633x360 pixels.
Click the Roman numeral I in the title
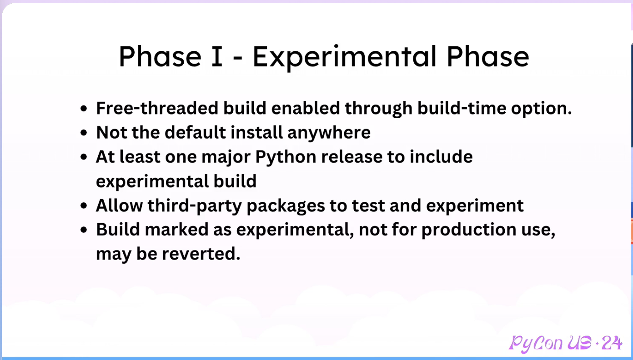click(217, 56)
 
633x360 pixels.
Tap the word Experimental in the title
click(344, 58)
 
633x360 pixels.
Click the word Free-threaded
click(157, 108)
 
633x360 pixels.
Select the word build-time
click(462, 108)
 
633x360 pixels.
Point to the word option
click(541, 109)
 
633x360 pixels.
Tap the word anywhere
click(329, 133)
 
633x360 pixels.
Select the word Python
click(286, 157)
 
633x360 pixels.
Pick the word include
click(441, 156)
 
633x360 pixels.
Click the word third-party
click(195, 206)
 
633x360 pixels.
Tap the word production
click(469, 230)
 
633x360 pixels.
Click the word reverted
click(201, 254)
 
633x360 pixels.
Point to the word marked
click(176, 229)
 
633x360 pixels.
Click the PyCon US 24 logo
click(565, 343)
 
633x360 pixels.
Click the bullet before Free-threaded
click(84, 109)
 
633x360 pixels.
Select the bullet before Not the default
click(84, 133)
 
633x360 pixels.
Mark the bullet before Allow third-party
click(84, 206)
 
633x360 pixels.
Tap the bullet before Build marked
click(84, 230)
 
